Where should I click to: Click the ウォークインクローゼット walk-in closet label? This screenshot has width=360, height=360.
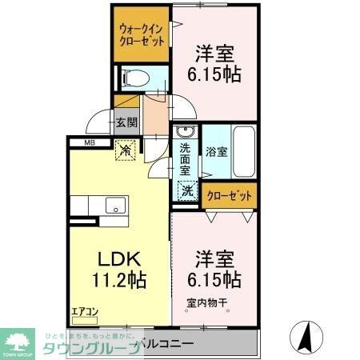coord(142,34)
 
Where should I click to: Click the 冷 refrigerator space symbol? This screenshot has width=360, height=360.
coord(126,148)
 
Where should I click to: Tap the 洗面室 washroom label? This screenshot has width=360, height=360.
coord(185,158)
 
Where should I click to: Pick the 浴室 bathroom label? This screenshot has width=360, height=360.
coord(215,150)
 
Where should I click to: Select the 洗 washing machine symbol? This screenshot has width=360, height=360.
coord(186,191)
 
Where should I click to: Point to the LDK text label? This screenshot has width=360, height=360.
coord(119,259)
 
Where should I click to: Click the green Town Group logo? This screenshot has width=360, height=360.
coord(20,342)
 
